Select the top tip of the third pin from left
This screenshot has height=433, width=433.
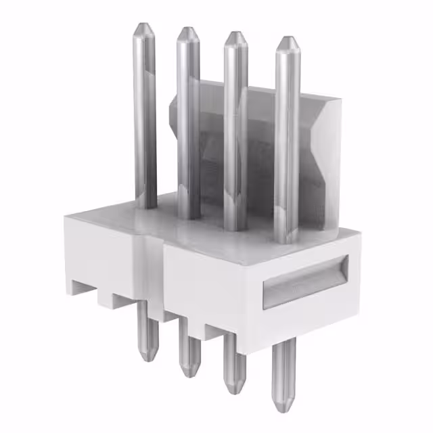tap(235, 34)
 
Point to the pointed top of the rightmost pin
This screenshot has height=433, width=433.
tap(288, 39)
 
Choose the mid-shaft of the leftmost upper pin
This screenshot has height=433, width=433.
tap(145, 115)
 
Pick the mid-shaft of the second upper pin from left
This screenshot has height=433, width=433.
tap(188, 122)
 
